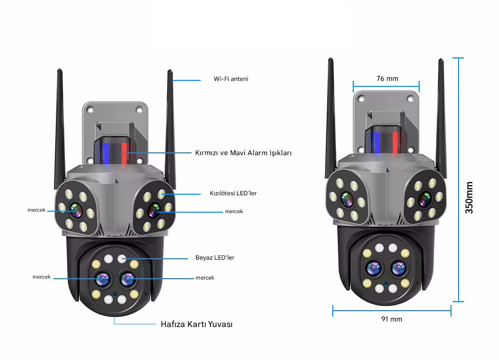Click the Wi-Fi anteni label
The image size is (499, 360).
[x=231, y=79]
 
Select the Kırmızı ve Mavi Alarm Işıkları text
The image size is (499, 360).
[x=243, y=153]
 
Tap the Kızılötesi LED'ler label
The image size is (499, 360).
[x=233, y=193]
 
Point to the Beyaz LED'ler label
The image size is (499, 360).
[x=215, y=258]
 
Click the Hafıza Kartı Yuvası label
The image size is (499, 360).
[x=197, y=324]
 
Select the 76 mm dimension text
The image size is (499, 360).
[x=387, y=78]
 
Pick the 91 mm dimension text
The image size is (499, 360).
[x=392, y=319]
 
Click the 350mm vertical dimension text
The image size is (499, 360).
[x=469, y=197]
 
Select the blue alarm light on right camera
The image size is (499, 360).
[x=377, y=142]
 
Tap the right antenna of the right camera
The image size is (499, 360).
[x=442, y=115]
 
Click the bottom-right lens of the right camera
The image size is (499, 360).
[x=399, y=268]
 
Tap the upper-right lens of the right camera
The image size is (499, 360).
[x=425, y=199]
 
